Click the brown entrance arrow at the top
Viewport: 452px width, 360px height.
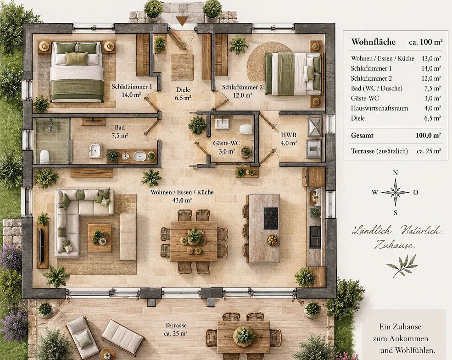[x=182, y=21]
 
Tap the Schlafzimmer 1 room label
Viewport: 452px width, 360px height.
[x=132, y=86]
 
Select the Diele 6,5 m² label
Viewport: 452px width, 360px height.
[x=183, y=94]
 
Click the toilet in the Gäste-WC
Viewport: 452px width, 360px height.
[x=246, y=129]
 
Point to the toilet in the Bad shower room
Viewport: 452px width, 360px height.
[x=45, y=156]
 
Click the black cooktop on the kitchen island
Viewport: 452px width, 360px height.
[x=271, y=218]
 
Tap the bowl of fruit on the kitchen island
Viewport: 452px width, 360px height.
[x=272, y=240]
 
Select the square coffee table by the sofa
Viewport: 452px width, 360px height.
[x=100, y=238]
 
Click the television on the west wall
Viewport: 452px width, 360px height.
[x=41, y=246]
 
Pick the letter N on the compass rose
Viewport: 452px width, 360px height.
[x=396, y=173]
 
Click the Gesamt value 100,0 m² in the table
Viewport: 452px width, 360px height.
[x=428, y=135]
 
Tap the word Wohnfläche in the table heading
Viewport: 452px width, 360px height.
[x=374, y=42]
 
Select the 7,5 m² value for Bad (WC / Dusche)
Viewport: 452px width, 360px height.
[x=432, y=89]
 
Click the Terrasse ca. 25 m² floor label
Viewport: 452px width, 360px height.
[x=176, y=329]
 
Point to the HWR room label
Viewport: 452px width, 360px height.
[x=289, y=135]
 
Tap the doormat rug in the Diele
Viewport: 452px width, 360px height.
[x=182, y=67]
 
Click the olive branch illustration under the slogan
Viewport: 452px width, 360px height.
[x=402, y=266]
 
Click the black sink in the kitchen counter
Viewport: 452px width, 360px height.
[x=315, y=237]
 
